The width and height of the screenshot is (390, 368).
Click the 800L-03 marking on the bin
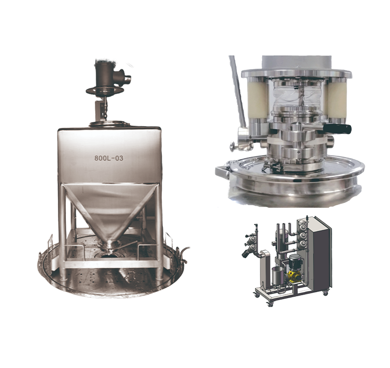pyautogui.click(x=109, y=158)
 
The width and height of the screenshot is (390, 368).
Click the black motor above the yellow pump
pyautogui.click(x=294, y=261)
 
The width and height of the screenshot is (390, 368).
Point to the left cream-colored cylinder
pyautogui.click(x=257, y=99)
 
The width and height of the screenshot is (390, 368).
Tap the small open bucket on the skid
pyautogui.click(x=278, y=277)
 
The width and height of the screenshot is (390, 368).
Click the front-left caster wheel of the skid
pyautogui.click(x=270, y=304)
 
